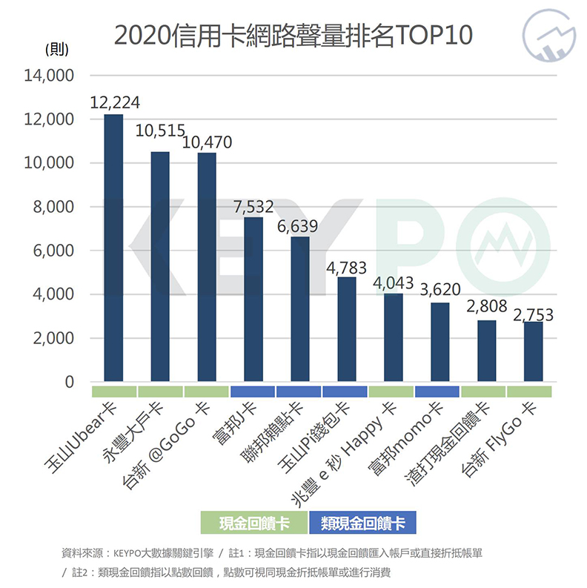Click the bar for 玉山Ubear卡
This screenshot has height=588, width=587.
click(x=113, y=248)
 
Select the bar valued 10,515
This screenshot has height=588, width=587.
click(x=160, y=267)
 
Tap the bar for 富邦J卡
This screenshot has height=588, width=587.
click(x=253, y=300)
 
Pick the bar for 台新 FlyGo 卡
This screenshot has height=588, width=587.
click(x=534, y=352)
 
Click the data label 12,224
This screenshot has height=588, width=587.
click(x=114, y=103)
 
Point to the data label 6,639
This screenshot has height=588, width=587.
click(x=300, y=225)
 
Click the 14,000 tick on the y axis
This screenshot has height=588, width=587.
click(x=50, y=76)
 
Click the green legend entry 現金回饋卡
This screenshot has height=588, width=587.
click(x=254, y=523)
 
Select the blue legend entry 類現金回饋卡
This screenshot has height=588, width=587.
click(x=363, y=523)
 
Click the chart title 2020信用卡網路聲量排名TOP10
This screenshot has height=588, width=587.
click(x=293, y=36)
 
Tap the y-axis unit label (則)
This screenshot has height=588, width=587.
click(x=57, y=50)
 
